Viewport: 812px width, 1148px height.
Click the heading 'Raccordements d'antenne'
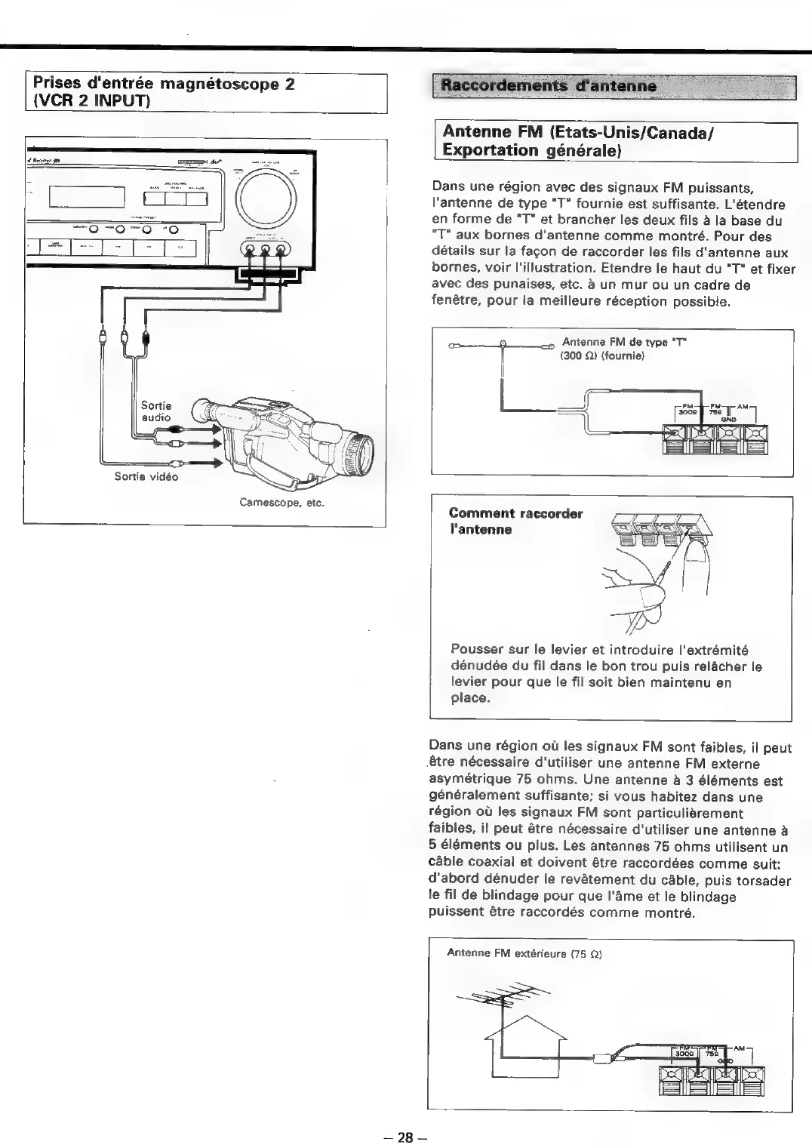click(x=549, y=85)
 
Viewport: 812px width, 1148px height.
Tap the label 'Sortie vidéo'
click(x=146, y=476)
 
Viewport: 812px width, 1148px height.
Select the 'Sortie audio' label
click(x=156, y=411)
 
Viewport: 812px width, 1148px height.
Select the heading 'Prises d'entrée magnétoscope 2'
click(x=161, y=85)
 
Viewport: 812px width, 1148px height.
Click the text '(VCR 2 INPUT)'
click(x=91, y=101)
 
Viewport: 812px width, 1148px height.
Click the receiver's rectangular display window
click(x=86, y=199)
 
